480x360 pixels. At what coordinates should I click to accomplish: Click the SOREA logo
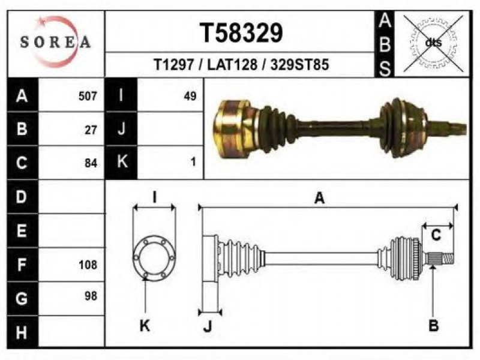pyautogui.click(x=55, y=42)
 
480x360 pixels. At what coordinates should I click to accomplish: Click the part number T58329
pyautogui.click(x=241, y=33)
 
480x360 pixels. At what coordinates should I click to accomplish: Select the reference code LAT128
pyautogui.click(x=232, y=65)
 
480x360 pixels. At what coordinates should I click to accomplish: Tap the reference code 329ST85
pyautogui.click(x=299, y=65)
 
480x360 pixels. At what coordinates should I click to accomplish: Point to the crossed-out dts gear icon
pyautogui.click(x=433, y=43)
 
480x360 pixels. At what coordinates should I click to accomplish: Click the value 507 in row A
pyautogui.click(x=88, y=96)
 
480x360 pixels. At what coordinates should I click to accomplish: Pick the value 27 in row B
pyautogui.click(x=91, y=130)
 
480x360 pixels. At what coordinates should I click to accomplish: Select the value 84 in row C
pyautogui.click(x=91, y=163)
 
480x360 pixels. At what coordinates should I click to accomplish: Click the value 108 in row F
pyautogui.click(x=88, y=265)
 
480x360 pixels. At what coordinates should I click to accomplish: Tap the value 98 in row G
pyautogui.click(x=91, y=296)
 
